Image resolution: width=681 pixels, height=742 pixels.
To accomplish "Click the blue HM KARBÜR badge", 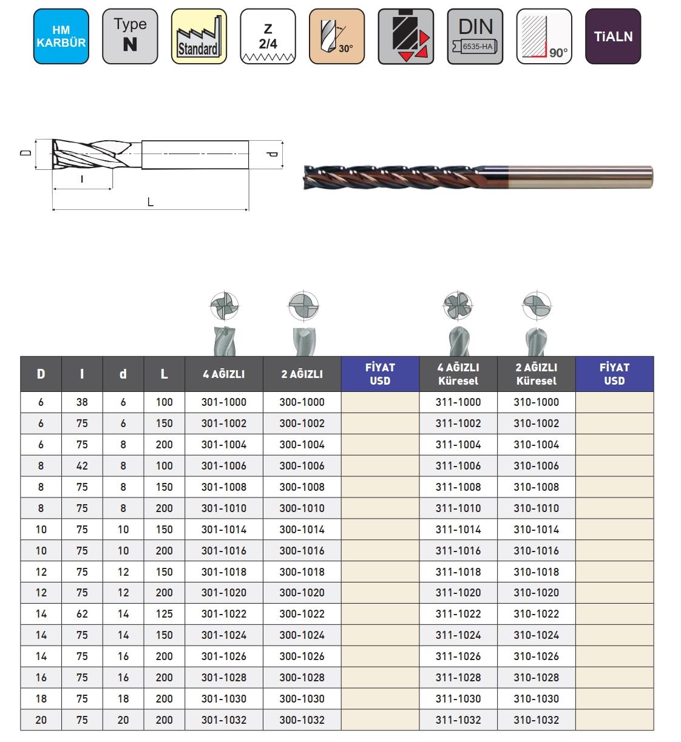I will pyautogui.click(x=61, y=36).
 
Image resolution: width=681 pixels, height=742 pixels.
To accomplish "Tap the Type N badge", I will pyautogui.click(x=130, y=36).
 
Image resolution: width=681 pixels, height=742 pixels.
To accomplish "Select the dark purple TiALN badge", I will pyautogui.click(x=613, y=36).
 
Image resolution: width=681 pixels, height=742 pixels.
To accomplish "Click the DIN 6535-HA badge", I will pyautogui.click(x=475, y=36).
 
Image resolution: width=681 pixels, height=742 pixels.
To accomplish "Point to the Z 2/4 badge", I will pyautogui.click(x=268, y=36).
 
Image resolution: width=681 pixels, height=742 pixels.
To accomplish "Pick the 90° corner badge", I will pyautogui.click(x=544, y=36).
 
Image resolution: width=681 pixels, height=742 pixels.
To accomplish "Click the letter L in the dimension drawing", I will pyautogui.click(x=151, y=202).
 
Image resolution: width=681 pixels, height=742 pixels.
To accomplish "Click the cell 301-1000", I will pyautogui.click(x=224, y=402).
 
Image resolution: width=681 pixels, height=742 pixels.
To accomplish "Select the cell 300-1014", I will pyautogui.click(x=302, y=530).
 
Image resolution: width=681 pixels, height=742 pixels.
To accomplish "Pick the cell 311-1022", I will pyautogui.click(x=458, y=614).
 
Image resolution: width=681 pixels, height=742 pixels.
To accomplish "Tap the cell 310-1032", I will pyautogui.click(x=536, y=720).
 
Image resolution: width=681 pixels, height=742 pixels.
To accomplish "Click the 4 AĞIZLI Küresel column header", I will pyautogui.click(x=458, y=374).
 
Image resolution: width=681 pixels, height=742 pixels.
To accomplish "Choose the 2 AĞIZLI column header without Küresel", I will pyautogui.click(x=302, y=374).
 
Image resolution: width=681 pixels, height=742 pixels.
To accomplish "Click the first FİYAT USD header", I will pyautogui.click(x=380, y=374).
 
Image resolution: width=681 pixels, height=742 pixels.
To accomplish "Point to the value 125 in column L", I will pyautogui.click(x=164, y=614).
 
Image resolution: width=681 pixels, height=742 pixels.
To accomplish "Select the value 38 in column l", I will pyautogui.click(x=82, y=402).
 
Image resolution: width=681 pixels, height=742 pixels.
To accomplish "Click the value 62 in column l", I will pyautogui.click(x=82, y=614).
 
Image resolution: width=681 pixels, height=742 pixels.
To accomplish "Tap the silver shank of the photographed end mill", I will pyautogui.click(x=583, y=176).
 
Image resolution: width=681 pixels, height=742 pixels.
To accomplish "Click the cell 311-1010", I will pyautogui.click(x=458, y=508).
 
